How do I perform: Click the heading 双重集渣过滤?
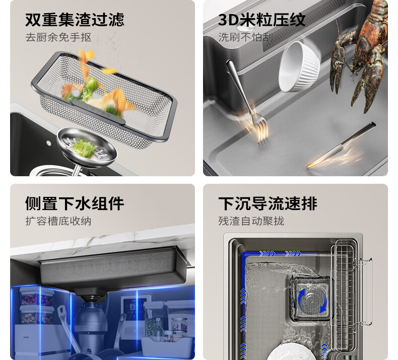(x=75, y=20)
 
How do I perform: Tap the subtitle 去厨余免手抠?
(x=58, y=37)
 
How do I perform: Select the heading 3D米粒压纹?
(x=261, y=20)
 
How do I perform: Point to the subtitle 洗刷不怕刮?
(x=246, y=37)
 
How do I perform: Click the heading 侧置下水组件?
(x=75, y=203)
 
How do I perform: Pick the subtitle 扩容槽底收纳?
(x=58, y=221)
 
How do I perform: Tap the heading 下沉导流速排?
(x=268, y=203)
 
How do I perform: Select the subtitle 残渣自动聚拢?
(x=251, y=221)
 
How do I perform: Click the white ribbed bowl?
(x=299, y=67)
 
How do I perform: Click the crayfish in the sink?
(x=360, y=53)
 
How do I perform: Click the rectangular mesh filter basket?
(x=104, y=100)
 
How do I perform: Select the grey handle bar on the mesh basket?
(x=98, y=111)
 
